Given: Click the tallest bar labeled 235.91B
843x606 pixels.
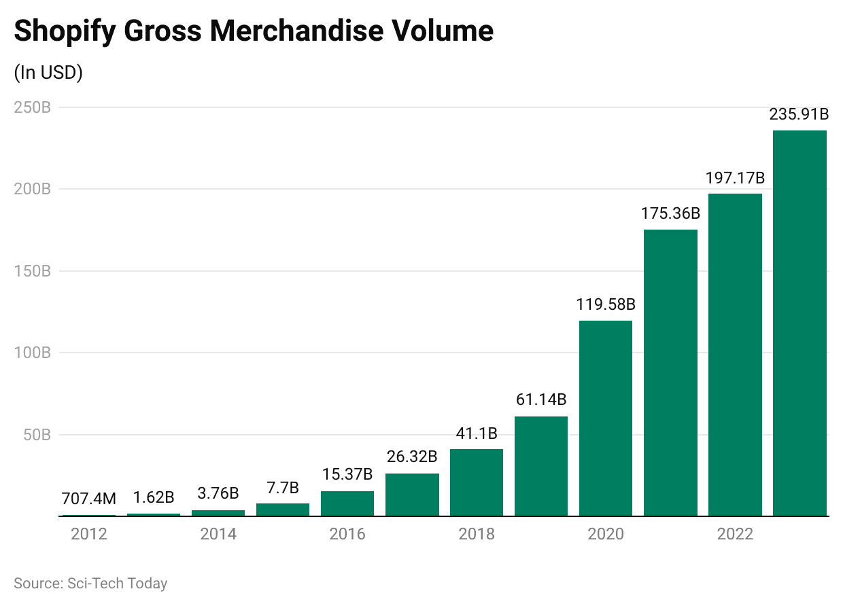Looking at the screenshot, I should click(x=799, y=323).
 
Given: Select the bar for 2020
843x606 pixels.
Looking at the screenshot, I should click(x=606, y=418).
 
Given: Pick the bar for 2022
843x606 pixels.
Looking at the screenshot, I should click(x=735, y=355).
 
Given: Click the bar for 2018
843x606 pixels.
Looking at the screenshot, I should click(x=477, y=482).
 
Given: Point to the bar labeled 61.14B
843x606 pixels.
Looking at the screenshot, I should click(x=541, y=466).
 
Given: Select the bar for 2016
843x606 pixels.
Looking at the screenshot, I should click(x=347, y=503).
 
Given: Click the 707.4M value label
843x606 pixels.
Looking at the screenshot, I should click(x=89, y=499).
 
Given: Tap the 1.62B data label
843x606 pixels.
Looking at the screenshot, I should click(x=154, y=497).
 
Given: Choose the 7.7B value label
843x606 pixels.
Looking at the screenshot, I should click(x=283, y=487).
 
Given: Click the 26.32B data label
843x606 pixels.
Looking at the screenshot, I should click(x=411, y=457).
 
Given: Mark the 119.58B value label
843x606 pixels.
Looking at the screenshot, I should click(x=606, y=304).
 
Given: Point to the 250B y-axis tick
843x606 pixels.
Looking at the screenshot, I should click(x=33, y=107).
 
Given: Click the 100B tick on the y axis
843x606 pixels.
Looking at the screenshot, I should click(x=33, y=353).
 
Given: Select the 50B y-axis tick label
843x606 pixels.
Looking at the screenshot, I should click(x=37, y=435).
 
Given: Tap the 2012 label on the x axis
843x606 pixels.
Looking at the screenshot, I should click(x=89, y=534).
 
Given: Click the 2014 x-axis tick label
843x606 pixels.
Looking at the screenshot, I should click(x=218, y=534).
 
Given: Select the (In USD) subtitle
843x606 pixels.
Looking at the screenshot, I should click(x=48, y=73).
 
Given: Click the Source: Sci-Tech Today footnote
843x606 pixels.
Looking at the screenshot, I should click(x=90, y=583).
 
